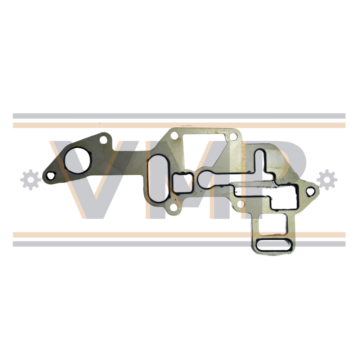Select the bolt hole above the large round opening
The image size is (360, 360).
[104, 139]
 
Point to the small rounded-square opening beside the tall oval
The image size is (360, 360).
[183, 183]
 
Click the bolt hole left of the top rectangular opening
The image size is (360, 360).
[175, 135]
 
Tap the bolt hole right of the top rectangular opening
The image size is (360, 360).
[233, 137]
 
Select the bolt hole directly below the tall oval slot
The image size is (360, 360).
[174, 208]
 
